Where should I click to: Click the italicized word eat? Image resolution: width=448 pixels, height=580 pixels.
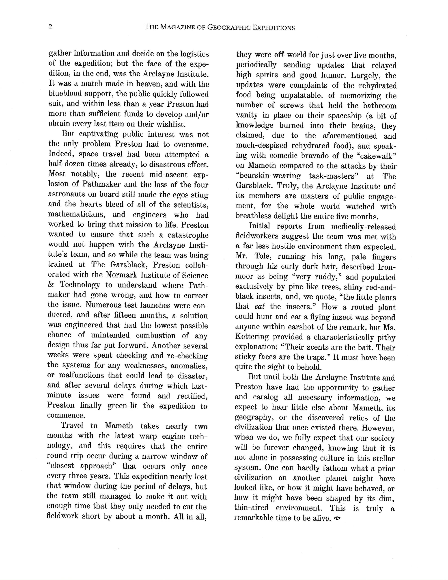pos(260,307)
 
